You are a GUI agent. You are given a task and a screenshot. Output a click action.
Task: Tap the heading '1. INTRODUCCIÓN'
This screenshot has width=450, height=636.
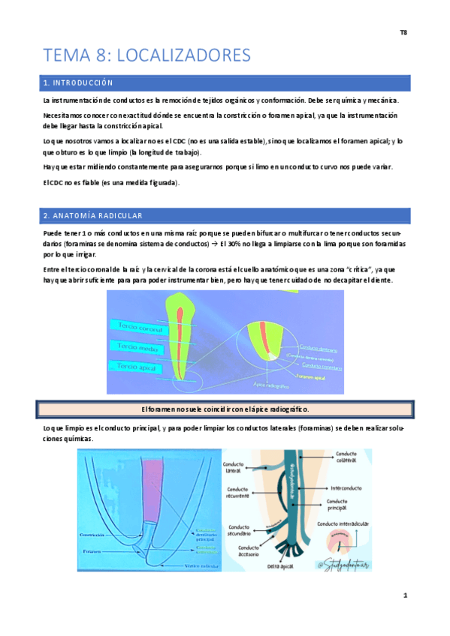point(78,82)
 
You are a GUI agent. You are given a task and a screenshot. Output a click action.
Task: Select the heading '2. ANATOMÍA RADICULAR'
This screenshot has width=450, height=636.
point(92,216)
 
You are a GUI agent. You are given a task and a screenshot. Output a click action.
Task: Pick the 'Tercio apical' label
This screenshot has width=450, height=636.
point(137,366)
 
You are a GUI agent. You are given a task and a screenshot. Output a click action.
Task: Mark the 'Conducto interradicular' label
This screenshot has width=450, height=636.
point(345,524)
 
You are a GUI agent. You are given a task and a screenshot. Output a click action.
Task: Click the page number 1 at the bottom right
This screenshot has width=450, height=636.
point(404,596)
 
